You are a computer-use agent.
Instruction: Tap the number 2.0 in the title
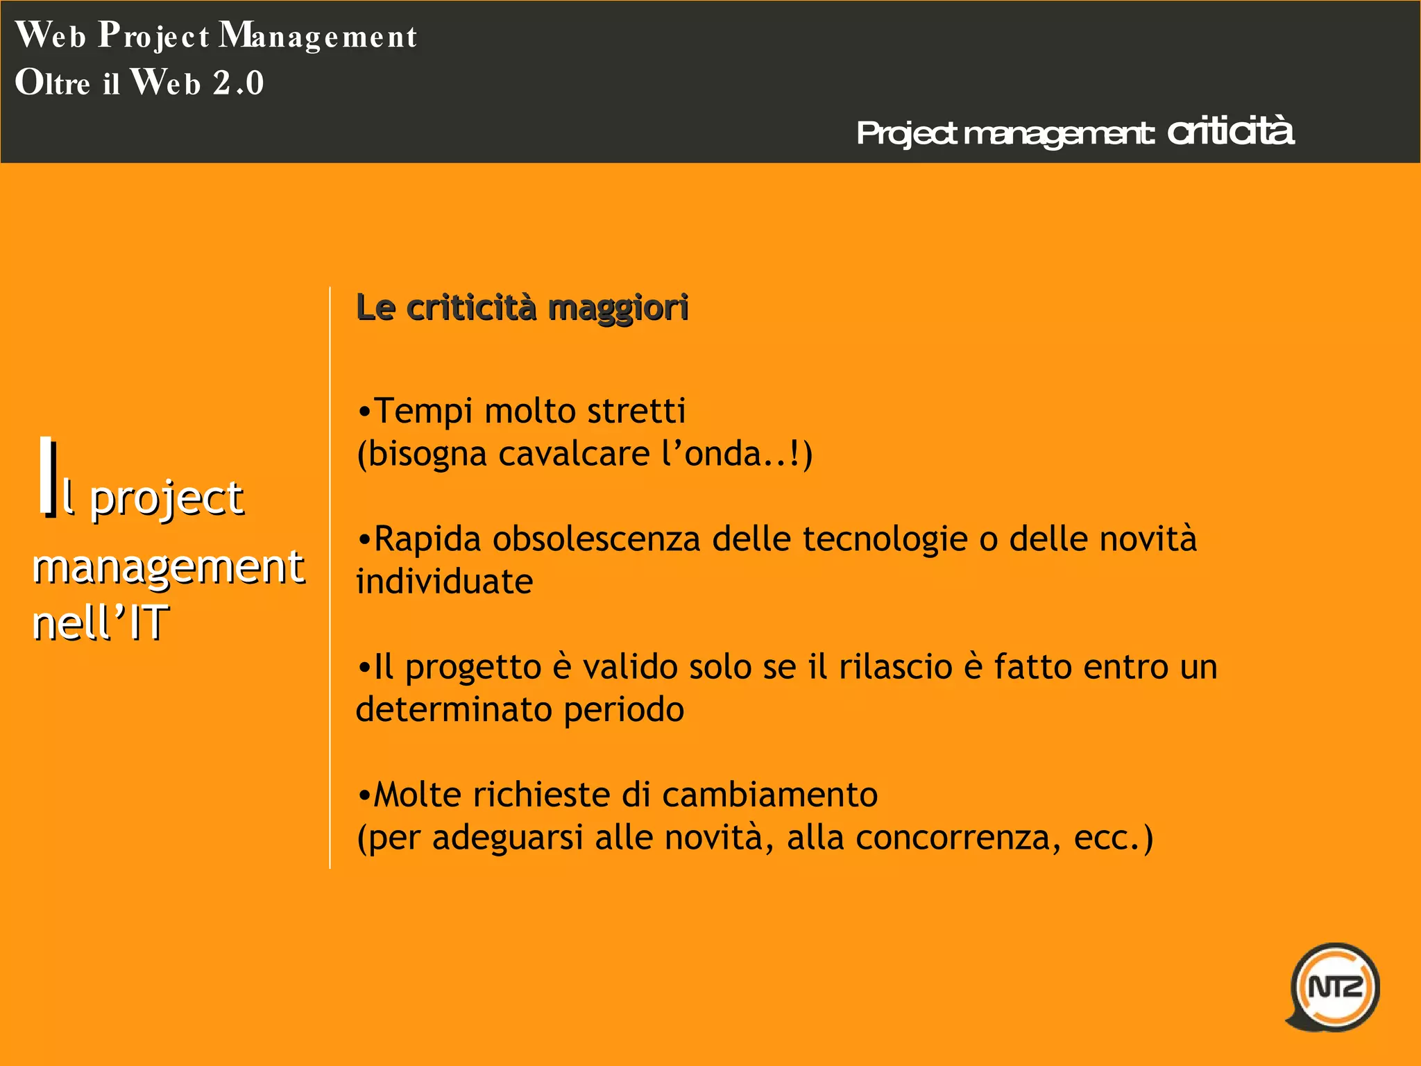pyautogui.click(x=239, y=83)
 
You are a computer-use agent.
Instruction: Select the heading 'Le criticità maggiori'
pyautogui.click(x=522, y=307)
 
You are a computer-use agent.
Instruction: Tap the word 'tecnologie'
pyautogui.click(x=885, y=539)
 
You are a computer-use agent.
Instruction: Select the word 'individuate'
pyautogui.click(x=444, y=582)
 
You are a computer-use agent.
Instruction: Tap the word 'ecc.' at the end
pyautogui.click(x=1106, y=838)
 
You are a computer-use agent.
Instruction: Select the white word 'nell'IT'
pyautogui.click(x=100, y=622)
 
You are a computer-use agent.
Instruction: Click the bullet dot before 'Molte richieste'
pyautogui.click(x=364, y=795)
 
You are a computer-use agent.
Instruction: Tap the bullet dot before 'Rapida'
pyautogui.click(x=364, y=540)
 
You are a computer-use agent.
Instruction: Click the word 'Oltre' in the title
pyautogui.click(x=53, y=83)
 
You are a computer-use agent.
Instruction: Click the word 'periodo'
pyautogui.click(x=624, y=709)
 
